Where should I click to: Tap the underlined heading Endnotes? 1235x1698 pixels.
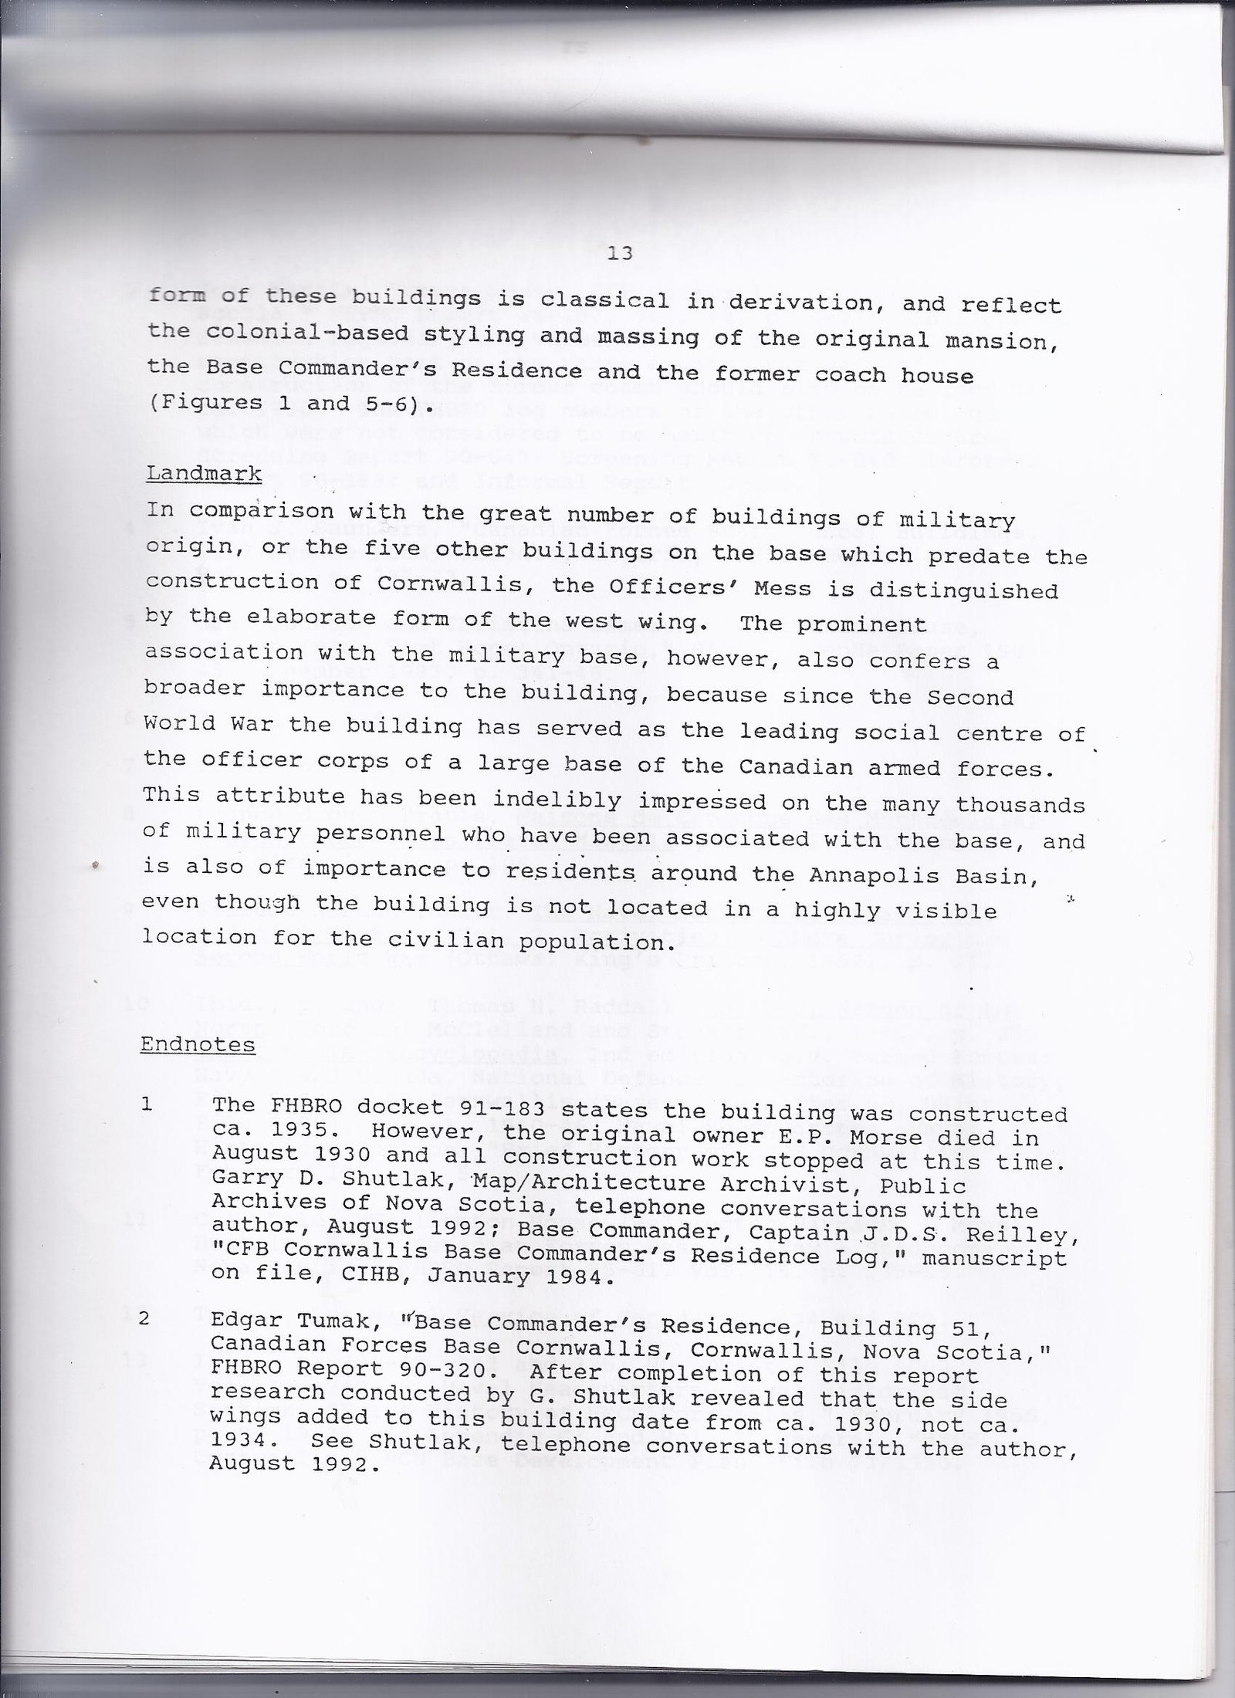click(198, 1045)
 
